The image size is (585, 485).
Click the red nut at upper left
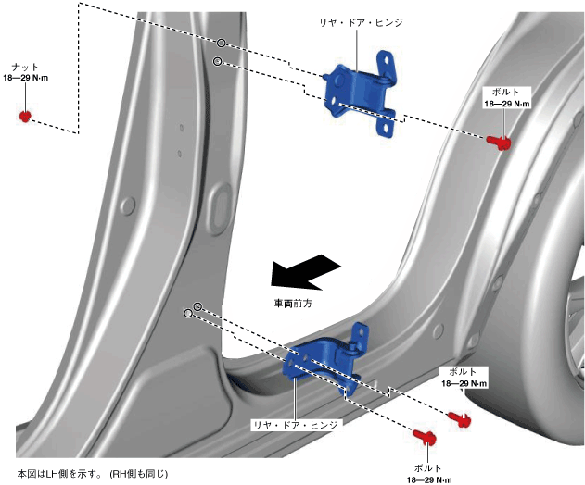(26, 116)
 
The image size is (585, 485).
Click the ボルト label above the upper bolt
(507, 93)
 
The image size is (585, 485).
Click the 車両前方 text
(292, 303)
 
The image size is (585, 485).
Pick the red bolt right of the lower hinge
(461, 418)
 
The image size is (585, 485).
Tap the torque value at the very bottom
(428, 479)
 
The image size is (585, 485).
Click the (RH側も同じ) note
(139, 472)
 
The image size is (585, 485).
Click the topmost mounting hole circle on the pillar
(223, 43)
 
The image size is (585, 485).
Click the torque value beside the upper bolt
(507, 105)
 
